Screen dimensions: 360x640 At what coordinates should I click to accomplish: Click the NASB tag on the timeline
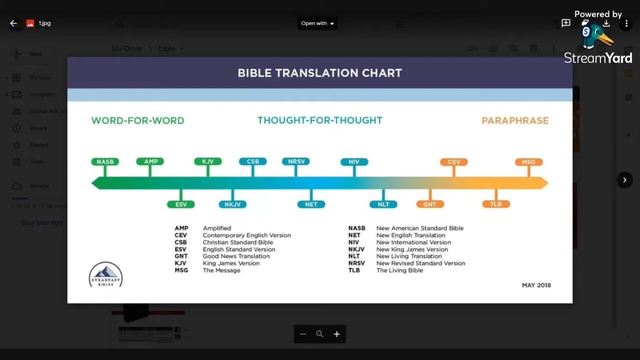(x=105, y=161)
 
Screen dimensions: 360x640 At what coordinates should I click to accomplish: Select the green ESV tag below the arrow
(x=180, y=204)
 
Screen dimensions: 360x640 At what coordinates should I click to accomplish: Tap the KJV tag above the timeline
(x=207, y=161)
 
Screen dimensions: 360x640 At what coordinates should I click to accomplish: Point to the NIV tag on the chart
(x=354, y=162)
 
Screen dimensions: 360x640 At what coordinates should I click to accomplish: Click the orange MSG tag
(x=528, y=162)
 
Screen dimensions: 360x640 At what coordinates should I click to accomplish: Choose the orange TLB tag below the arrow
(x=495, y=204)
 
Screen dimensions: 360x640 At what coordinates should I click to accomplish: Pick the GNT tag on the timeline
(x=429, y=204)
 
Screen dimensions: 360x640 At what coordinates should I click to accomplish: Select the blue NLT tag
(x=383, y=204)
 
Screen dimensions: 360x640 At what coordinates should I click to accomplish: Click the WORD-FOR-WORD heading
(x=137, y=120)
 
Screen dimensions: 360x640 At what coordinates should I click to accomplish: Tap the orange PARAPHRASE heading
(x=515, y=120)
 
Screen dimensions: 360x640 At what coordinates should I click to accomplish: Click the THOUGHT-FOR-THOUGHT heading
(x=320, y=120)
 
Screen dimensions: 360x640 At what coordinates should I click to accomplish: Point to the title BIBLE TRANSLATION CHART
(x=320, y=73)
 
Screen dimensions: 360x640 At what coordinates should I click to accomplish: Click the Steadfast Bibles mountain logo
(x=105, y=274)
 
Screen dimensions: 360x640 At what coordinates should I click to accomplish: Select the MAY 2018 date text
(x=536, y=285)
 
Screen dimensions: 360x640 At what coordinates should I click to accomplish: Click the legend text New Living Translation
(x=409, y=256)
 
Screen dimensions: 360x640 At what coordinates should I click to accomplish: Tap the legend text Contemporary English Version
(x=246, y=235)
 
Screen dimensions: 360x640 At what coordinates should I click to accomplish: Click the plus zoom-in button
(x=336, y=334)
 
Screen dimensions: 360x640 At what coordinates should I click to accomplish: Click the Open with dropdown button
(x=317, y=23)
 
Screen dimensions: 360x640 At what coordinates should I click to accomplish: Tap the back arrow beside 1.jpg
(x=13, y=23)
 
